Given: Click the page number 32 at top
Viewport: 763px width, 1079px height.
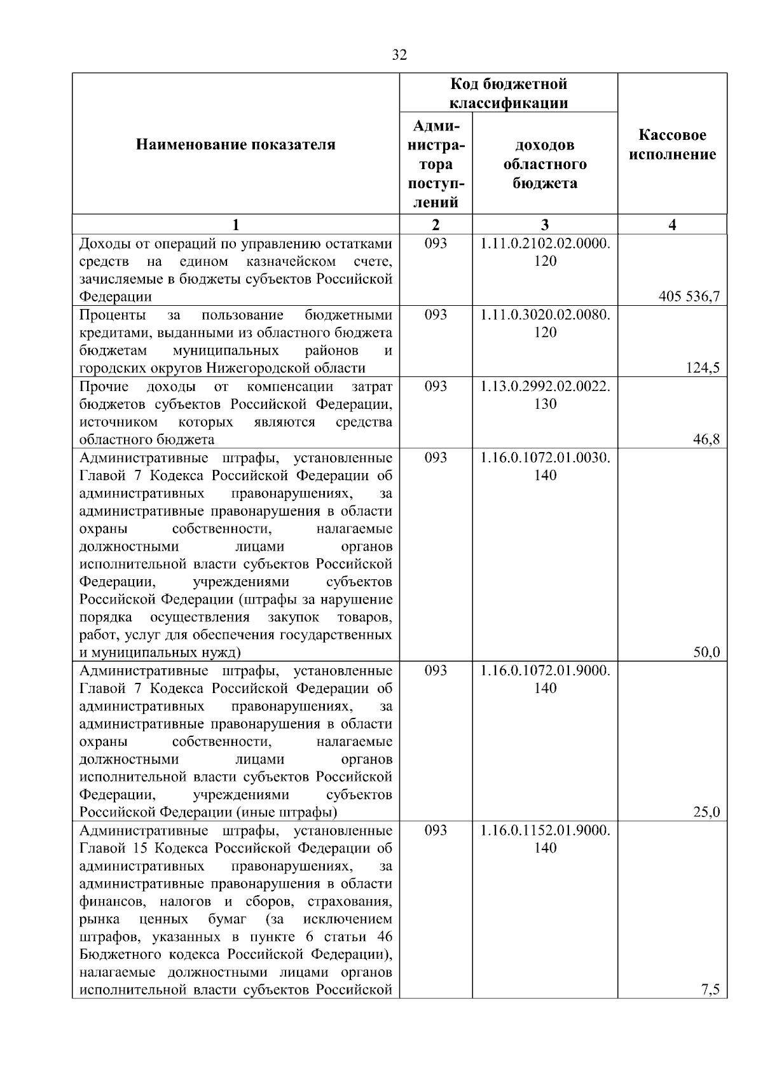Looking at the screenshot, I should tap(399, 55).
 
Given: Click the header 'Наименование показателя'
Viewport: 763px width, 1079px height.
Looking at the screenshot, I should tap(236, 145).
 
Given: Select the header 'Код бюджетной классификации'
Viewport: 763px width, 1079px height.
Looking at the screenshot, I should tap(509, 93).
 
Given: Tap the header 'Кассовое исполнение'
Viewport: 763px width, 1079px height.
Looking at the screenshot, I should tap(673, 145).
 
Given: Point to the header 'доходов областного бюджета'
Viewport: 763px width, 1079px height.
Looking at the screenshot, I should tap(545, 165).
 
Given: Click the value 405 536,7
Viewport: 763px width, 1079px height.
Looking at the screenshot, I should tap(690, 296).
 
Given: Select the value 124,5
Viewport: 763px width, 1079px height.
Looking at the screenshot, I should tap(705, 368).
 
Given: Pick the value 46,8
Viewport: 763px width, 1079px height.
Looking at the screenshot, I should tap(707, 439).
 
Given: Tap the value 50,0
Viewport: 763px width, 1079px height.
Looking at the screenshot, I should tap(707, 652).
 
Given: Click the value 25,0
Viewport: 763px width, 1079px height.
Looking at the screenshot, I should tap(707, 812).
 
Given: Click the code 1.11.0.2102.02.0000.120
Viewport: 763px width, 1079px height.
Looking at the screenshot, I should tap(545, 252).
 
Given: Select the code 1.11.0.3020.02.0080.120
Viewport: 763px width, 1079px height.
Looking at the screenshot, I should tap(545, 324).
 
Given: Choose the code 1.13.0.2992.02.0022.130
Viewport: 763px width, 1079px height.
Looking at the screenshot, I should tap(545, 395).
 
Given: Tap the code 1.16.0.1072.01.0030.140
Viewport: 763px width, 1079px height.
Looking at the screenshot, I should tap(545, 466).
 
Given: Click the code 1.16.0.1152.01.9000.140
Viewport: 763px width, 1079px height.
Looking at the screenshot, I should tap(545, 839).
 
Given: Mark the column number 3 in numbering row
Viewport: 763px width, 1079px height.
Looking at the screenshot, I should tap(545, 224).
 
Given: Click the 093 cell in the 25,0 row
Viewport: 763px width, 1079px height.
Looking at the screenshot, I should tap(436, 670).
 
